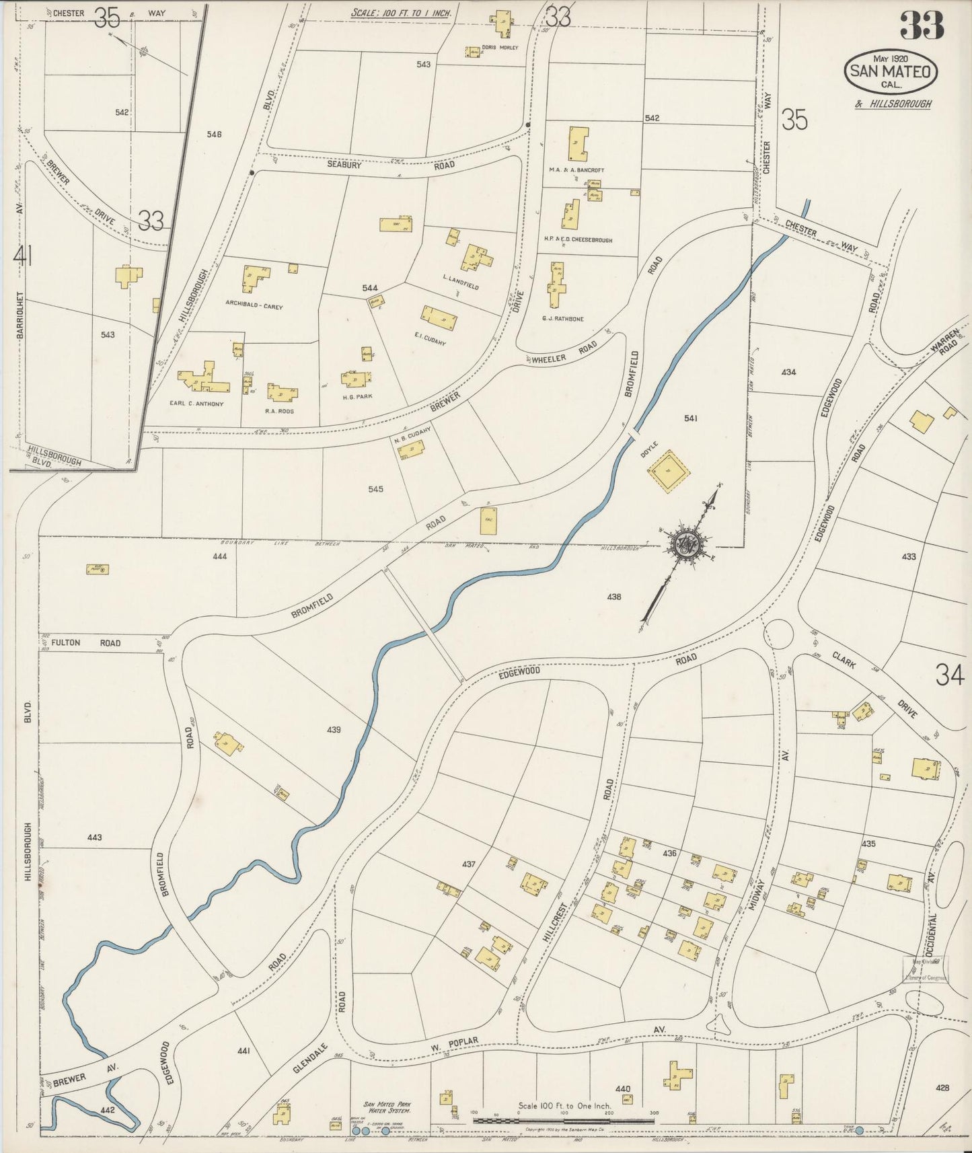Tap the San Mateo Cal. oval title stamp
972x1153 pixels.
coord(891,71)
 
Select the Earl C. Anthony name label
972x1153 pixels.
coord(196,404)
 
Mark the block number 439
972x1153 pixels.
coord(334,729)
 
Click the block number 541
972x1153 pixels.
coord(690,418)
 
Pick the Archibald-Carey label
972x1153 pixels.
coord(254,306)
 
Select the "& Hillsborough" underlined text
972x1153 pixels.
coord(893,104)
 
